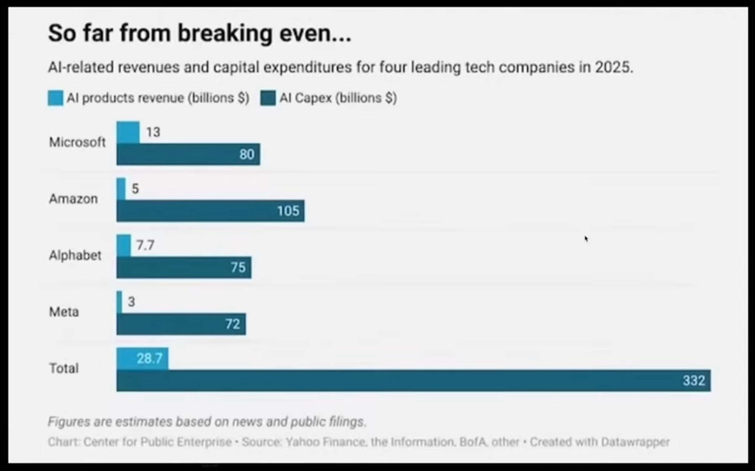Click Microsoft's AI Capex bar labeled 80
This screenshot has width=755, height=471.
[x=188, y=154]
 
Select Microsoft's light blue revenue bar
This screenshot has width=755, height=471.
[x=128, y=132]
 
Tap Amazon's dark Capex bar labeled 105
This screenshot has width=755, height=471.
[x=210, y=211]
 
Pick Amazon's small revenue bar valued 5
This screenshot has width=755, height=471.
[x=121, y=189]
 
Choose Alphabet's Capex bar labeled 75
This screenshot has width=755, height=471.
[x=184, y=267]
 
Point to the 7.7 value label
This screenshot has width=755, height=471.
[x=145, y=245]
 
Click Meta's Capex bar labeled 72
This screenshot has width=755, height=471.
[x=181, y=324]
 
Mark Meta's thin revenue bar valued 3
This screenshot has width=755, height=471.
[x=119, y=302]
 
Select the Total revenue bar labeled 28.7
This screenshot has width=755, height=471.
[x=142, y=359]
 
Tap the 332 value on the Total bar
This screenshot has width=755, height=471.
[x=694, y=380]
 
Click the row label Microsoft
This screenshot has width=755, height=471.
[x=77, y=142]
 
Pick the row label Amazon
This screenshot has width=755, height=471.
[x=73, y=199]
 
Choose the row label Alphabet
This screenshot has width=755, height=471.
[x=75, y=255]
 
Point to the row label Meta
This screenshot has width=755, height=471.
[x=64, y=312]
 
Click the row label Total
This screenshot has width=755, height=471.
[x=64, y=368]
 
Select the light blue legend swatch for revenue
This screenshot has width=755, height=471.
[x=56, y=98]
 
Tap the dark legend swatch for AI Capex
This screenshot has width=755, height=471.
[x=268, y=98]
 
